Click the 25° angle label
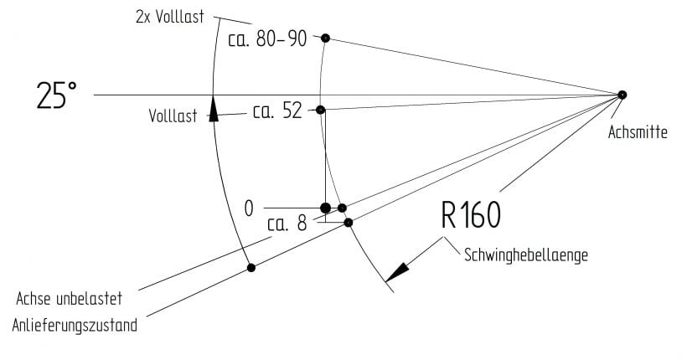pos(56,95)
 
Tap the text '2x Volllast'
pos(170,17)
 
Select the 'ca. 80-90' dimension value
pos(267,39)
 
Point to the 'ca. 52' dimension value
pos(277,111)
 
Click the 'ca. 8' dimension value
pos(287,224)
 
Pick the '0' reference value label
pos(249,208)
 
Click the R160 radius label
pos(471,215)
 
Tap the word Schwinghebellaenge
pos(526,255)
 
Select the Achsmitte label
pos(638,131)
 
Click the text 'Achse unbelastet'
pos(70,299)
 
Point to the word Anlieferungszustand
pos(75,326)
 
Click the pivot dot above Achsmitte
pos(622,95)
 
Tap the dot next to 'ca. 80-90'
pos(325,39)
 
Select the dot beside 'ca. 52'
pos(320,110)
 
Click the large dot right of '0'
pos(326,208)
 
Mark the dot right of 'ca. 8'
pos(349,223)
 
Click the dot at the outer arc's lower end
pos(251,268)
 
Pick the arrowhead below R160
pos(397,272)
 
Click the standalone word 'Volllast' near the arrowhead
pos(173,116)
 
